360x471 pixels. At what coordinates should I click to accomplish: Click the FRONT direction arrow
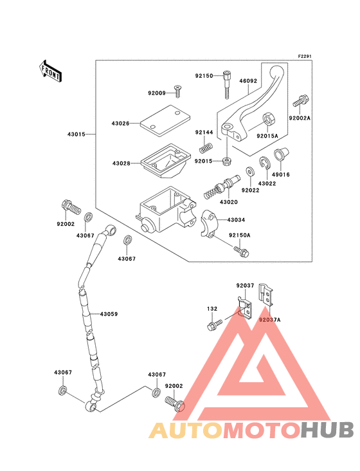50,71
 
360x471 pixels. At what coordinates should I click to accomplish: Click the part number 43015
76,134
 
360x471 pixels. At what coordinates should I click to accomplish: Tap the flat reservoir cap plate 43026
165,120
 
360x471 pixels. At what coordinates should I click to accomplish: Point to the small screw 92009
177,91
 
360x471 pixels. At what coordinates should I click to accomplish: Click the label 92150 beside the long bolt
204,76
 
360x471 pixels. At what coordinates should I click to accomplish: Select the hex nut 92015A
268,120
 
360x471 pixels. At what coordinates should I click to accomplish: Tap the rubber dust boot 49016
281,154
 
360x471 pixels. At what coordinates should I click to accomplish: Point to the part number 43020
229,202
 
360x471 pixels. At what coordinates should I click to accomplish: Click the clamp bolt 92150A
242,252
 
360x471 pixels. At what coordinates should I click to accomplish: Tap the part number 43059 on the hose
109,314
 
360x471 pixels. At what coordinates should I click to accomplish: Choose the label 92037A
270,320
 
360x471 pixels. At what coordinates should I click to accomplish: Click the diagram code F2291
305,56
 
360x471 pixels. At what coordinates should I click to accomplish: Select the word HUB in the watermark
328,430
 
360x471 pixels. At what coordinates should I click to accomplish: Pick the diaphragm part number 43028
122,163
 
